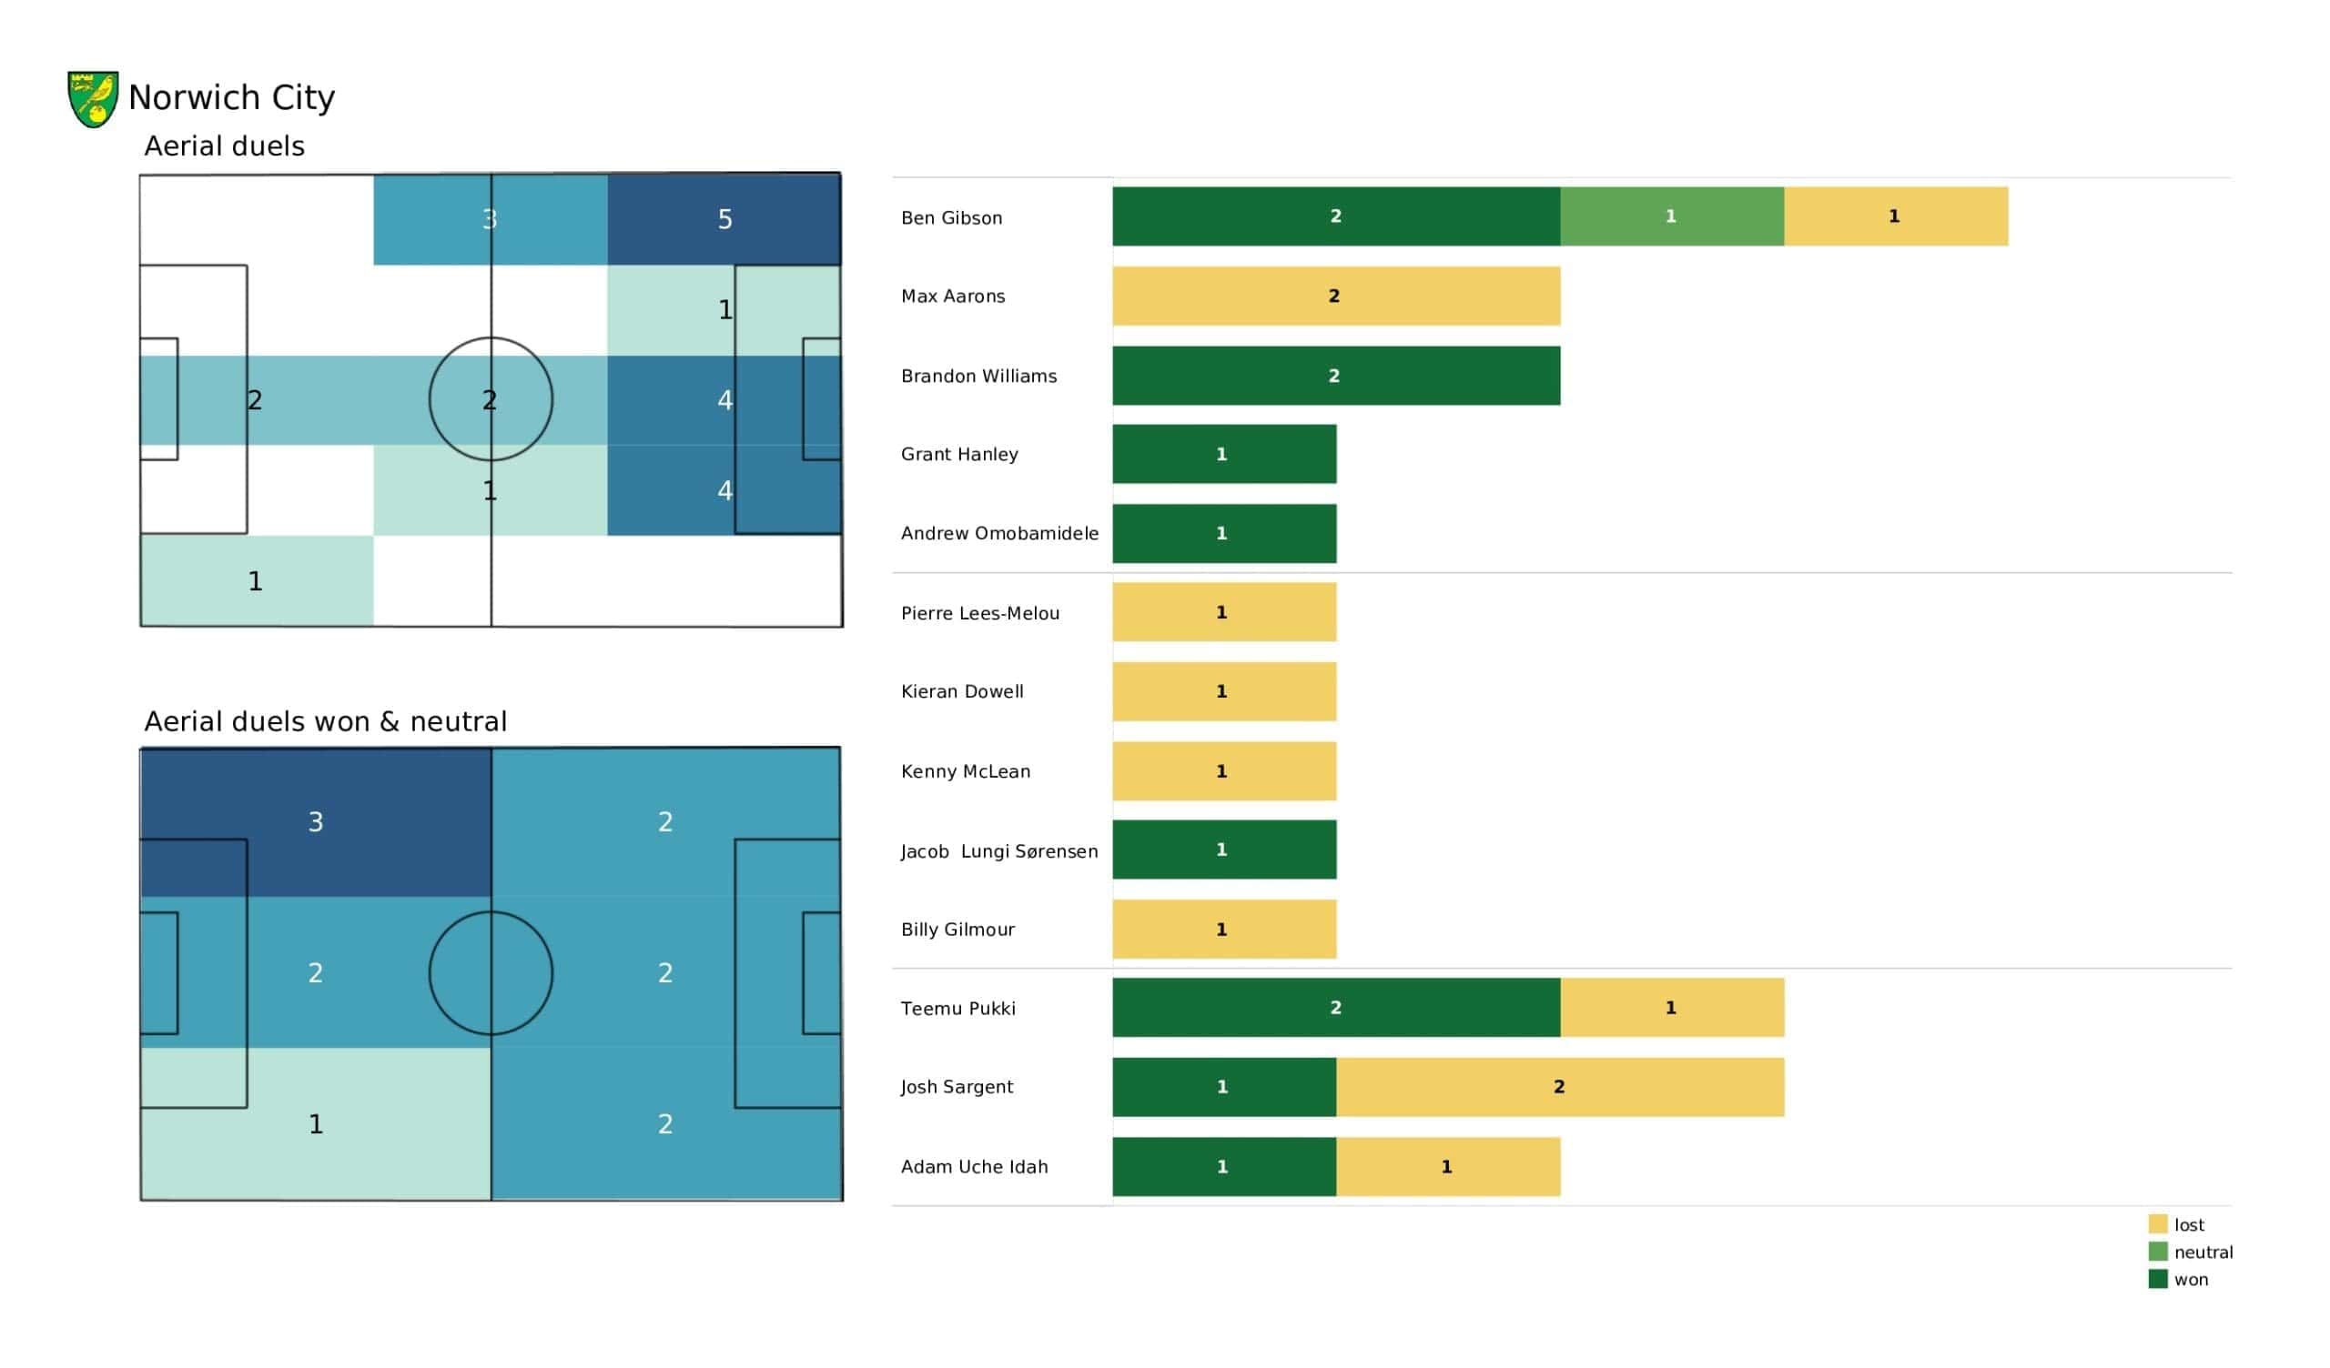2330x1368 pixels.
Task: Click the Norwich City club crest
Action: click(x=94, y=99)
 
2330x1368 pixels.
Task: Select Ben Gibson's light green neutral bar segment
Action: click(x=1672, y=216)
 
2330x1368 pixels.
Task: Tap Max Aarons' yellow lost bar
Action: click(x=1336, y=296)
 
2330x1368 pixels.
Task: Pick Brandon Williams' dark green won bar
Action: click(x=1336, y=376)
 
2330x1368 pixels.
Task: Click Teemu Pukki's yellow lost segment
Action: click(x=1672, y=1008)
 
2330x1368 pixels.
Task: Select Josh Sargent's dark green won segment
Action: click(x=1224, y=1087)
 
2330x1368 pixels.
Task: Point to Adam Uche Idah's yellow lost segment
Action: click(x=1448, y=1166)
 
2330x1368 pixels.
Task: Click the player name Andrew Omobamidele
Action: click(x=999, y=533)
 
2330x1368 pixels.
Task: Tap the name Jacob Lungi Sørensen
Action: click(x=999, y=851)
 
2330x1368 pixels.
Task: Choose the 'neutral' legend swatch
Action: click(x=2158, y=1252)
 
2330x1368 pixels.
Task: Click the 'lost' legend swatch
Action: click(x=2158, y=1223)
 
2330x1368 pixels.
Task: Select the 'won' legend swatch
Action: click(x=2158, y=1279)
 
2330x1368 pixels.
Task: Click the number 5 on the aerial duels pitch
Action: click(x=724, y=219)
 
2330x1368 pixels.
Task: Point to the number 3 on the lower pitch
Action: click(x=315, y=821)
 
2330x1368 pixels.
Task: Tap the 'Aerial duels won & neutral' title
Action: click(x=326, y=721)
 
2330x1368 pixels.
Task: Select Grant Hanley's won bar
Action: click(x=1224, y=454)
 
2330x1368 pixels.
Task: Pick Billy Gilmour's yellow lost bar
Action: click(x=1224, y=929)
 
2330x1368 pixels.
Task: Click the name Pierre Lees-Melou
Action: click(x=980, y=613)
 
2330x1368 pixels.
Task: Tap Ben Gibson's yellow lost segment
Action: click(x=1897, y=216)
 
